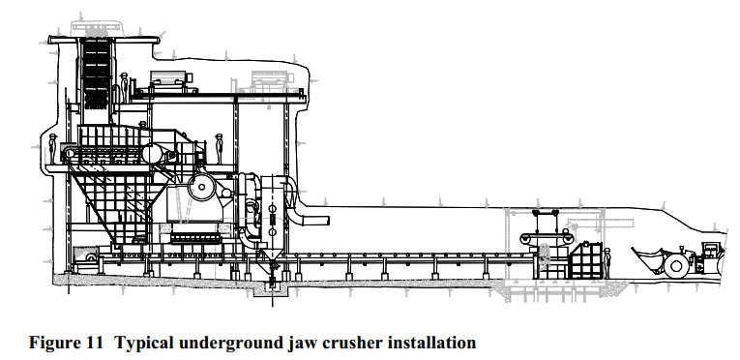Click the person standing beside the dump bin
pyautogui.click(x=607, y=260)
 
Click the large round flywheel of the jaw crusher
pyautogui.click(x=204, y=187)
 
